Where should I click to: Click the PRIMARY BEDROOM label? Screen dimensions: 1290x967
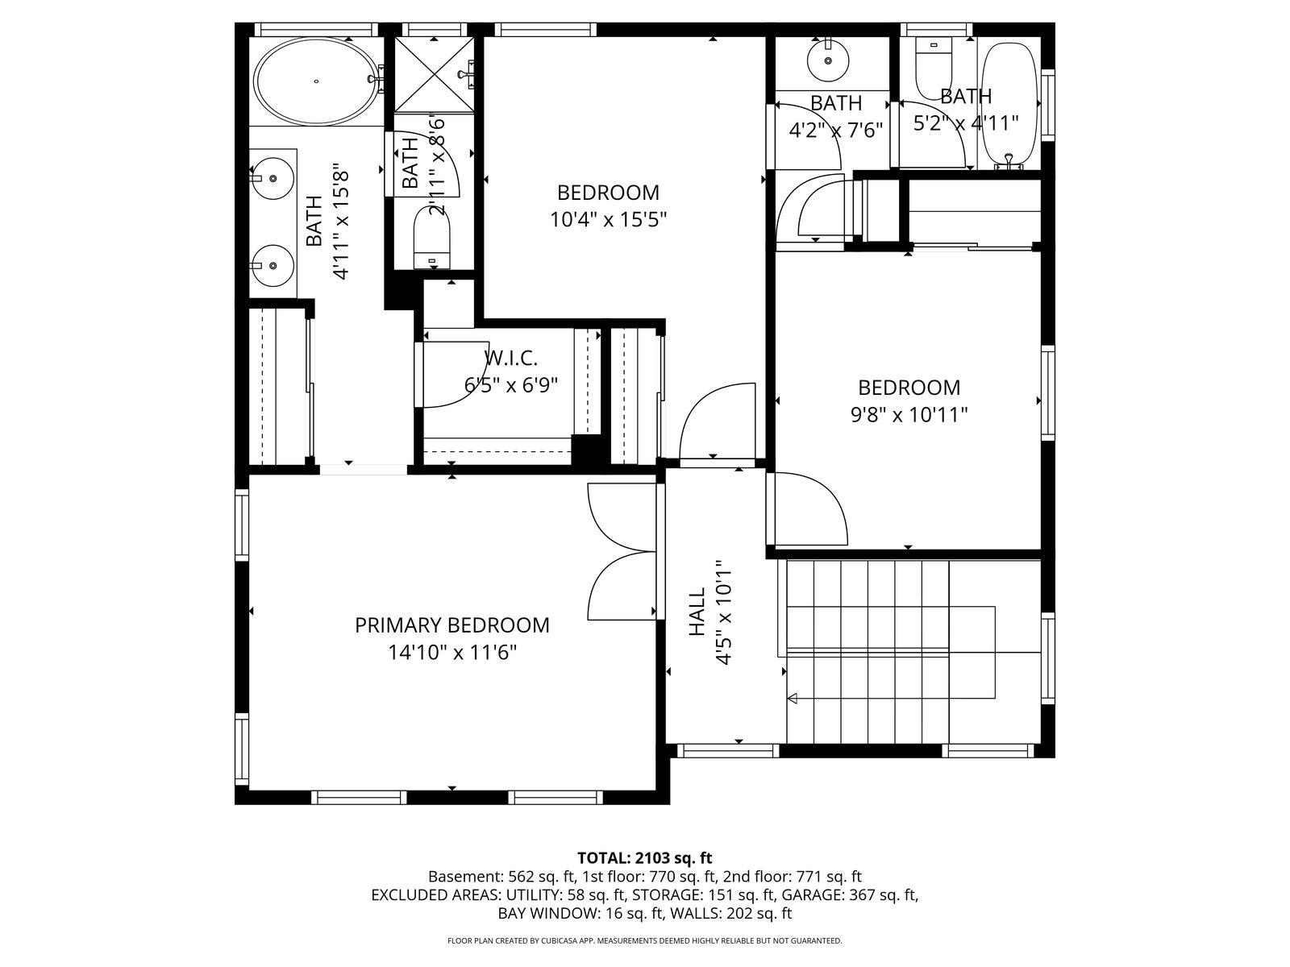pyautogui.click(x=452, y=625)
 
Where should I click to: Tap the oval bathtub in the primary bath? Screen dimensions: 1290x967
pyautogui.click(x=316, y=81)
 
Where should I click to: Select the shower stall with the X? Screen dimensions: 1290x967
pyautogui.click(x=434, y=74)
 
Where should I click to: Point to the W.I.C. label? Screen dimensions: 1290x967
pyautogui.click(x=510, y=358)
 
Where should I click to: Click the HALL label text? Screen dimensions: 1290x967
pyautogui.click(x=697, y=612)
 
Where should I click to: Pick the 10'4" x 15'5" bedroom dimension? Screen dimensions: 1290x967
pyautogui.click(x=608, y=220)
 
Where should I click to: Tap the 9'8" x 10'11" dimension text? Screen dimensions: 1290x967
pyautogui.click(x=909, y=415)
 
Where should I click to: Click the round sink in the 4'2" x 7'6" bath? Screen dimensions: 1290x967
pyautogui.click(x=828, y=60)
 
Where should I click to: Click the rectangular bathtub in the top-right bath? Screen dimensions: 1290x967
pyautogui.click(x=1009, y=105)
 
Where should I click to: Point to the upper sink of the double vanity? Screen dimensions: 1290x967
pyautogui.click(x=272, y=177)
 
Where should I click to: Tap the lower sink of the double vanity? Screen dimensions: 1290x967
pyautogui.click(x=272, y=265)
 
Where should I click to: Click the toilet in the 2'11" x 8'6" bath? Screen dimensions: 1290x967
pyautogui.click(x=432, y=237)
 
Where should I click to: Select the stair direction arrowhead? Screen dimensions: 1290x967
pyautogui.click(x=792, y=698)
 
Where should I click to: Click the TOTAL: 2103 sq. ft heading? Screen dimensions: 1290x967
pyautogui.click(x=645, y=857)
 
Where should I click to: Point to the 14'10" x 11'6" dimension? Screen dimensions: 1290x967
pyautogui.click(x=452, y=652)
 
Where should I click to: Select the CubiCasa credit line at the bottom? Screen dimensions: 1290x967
pyautogui.click(x=645, y=940)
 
